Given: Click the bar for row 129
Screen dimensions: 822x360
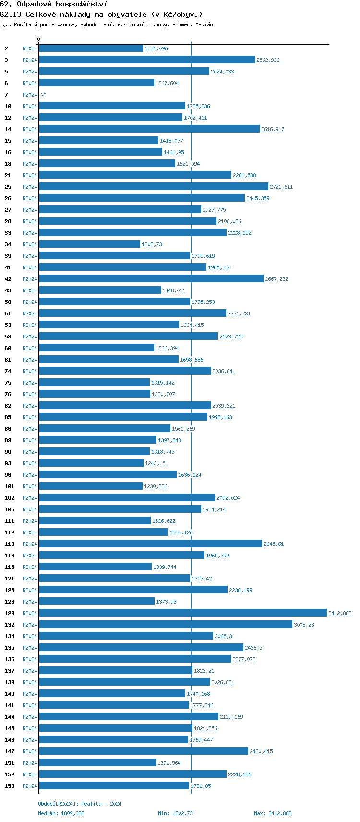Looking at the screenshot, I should coord(182,613).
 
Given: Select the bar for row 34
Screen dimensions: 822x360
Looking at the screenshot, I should coord(89,244).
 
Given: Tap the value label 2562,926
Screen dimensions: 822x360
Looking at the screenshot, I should coord(268,60).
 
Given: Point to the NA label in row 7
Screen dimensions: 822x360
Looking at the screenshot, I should coord(43,95).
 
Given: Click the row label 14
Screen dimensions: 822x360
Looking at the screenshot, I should coord(8,129).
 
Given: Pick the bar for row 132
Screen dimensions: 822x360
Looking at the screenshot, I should coord(165,625).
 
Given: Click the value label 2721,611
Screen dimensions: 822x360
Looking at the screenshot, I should coord(281,187).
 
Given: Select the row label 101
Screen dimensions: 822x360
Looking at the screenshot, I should coord(10,486).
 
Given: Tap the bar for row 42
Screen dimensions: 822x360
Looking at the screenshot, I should coord(151,279).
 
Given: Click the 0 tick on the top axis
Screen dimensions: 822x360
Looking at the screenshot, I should coord(39,39).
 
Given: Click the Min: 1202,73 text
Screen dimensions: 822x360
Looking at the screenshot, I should coord(175,813).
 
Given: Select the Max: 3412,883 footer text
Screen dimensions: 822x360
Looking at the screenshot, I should coord(273,813).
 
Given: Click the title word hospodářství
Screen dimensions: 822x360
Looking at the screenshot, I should coord(81,4).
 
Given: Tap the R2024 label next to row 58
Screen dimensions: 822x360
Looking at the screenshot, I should coord(30,337).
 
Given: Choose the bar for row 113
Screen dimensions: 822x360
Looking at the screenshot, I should coord(150,544).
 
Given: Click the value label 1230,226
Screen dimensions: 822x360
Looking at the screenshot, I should coord(156,486).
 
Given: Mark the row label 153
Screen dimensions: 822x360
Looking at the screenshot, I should coord(10,786).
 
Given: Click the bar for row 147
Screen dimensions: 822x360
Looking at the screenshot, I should coord(144,751).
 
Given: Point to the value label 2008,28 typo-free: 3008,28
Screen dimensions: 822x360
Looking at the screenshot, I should coord(304,625).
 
